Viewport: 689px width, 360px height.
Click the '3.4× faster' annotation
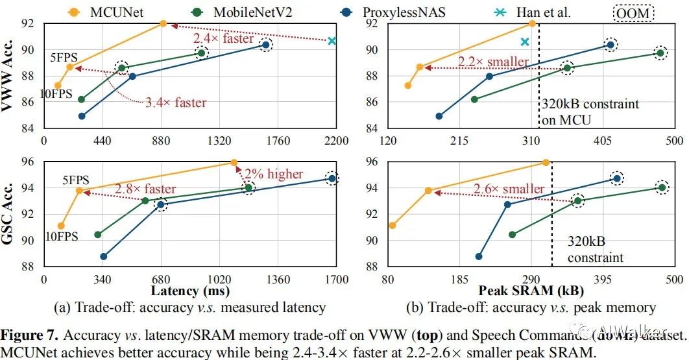click(x=177, y=102)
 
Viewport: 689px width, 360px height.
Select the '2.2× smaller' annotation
click(x=493, y=62)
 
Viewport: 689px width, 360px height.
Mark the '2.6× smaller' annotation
click(x=509, y=189)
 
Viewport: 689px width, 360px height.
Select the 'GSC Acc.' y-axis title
click(x=9, y=214)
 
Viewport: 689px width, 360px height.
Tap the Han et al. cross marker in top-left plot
click(x=332, y=41)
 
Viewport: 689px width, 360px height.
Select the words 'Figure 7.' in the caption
click(x=29, y=335)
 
